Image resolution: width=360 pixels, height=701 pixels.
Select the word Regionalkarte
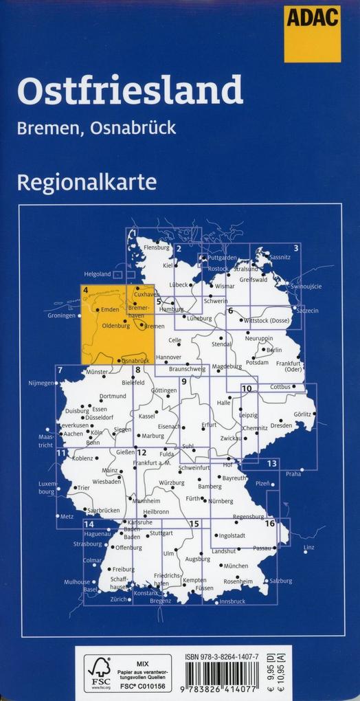coord(87,183)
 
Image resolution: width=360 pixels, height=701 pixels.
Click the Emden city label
coord(110,310)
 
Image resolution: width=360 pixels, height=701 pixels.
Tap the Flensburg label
coord(156,247)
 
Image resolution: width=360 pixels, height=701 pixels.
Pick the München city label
coord(236,566)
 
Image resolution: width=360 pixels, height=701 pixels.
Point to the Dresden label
coord(282,425)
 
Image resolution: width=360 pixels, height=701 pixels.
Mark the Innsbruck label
coord(232,602)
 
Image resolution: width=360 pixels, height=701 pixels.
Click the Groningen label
coord(61,315)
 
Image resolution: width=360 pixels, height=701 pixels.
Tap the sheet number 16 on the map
coord(269,524)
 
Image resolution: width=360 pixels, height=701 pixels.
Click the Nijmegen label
coord(41,383)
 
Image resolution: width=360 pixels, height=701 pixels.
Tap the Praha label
coord(293,474)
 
